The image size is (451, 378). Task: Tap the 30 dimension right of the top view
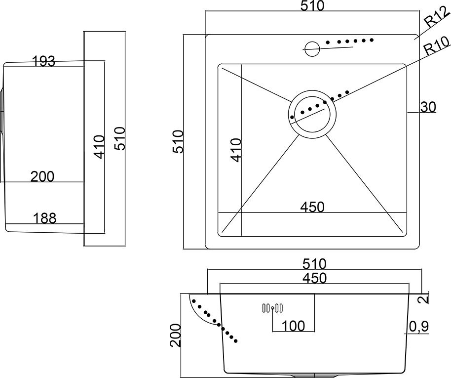coord(428,107)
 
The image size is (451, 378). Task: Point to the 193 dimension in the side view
coord(43,61)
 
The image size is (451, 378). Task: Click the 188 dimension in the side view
coord(44,217)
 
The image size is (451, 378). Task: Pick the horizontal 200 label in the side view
coord(42,176)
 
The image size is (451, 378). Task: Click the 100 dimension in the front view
coord(293,326)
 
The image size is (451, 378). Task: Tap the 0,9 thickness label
coord(418,326)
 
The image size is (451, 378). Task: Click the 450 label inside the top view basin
coord(313,207)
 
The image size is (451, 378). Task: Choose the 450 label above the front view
coord(314,278)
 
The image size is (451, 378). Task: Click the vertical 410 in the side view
coord(100,147)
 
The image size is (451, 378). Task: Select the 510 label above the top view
coord(312,6)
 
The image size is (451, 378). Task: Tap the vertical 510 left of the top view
coord(178,141)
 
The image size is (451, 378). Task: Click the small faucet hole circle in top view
coord(312,48)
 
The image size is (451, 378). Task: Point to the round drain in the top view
coord(313,114)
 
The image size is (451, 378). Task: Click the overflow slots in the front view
coord(272,308)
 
